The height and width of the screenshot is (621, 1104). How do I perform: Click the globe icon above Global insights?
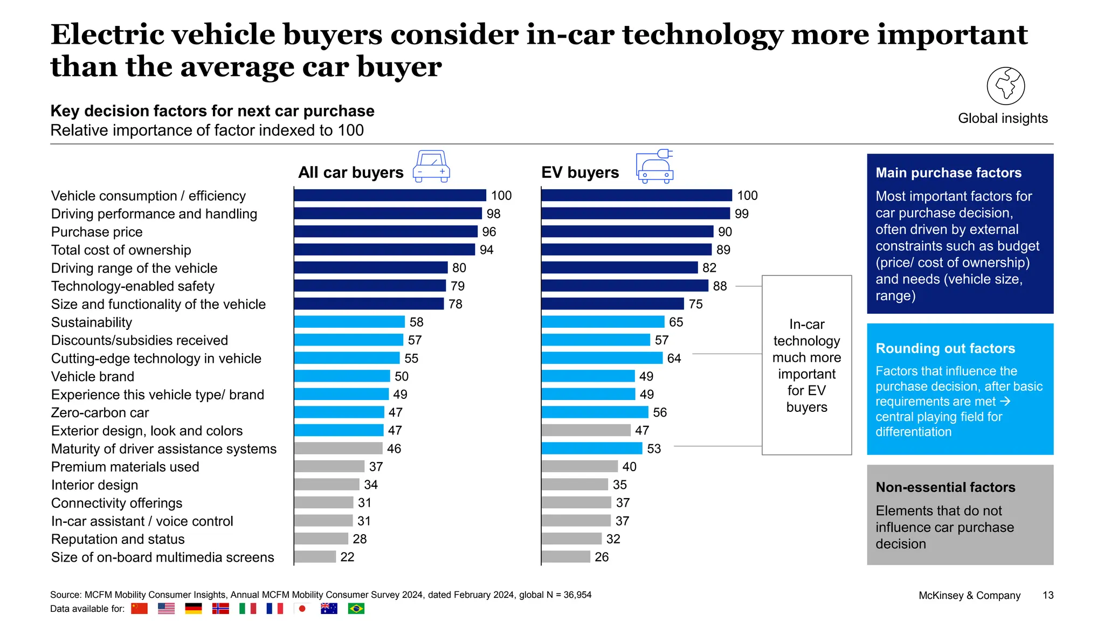(1005, 86)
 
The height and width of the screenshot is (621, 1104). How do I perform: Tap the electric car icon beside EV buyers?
(654, 167)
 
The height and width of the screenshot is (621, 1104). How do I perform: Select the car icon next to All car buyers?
(431, 167)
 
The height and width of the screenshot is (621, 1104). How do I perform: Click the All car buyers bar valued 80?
(371, 268)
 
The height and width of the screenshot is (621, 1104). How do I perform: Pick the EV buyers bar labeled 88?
(624, 286)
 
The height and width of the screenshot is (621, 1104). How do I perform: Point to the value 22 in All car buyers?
(347, 557)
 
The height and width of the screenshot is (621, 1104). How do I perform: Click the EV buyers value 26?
(602, 557)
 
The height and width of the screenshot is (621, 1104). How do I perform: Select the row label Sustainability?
(92, 322)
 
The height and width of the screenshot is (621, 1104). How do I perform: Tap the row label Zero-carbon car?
(100, 413)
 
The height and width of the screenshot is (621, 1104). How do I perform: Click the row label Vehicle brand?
(93, 377)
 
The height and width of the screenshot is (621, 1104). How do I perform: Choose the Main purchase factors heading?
(948, 173)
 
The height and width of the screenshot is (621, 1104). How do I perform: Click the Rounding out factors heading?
(945, 349)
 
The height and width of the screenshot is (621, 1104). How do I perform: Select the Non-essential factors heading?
(945, 487)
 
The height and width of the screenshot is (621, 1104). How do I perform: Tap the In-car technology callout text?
(806, 365)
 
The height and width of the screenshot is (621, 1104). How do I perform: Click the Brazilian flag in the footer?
(356, 609)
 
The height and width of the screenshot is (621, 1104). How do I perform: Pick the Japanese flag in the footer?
(302, 609)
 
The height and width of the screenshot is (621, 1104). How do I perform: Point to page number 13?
(1047, 596)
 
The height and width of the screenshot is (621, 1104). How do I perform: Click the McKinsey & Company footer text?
(969, 596)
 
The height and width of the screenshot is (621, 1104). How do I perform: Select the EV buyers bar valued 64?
(602, 358)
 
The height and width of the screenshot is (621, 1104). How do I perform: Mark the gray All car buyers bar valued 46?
(338, 448)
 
